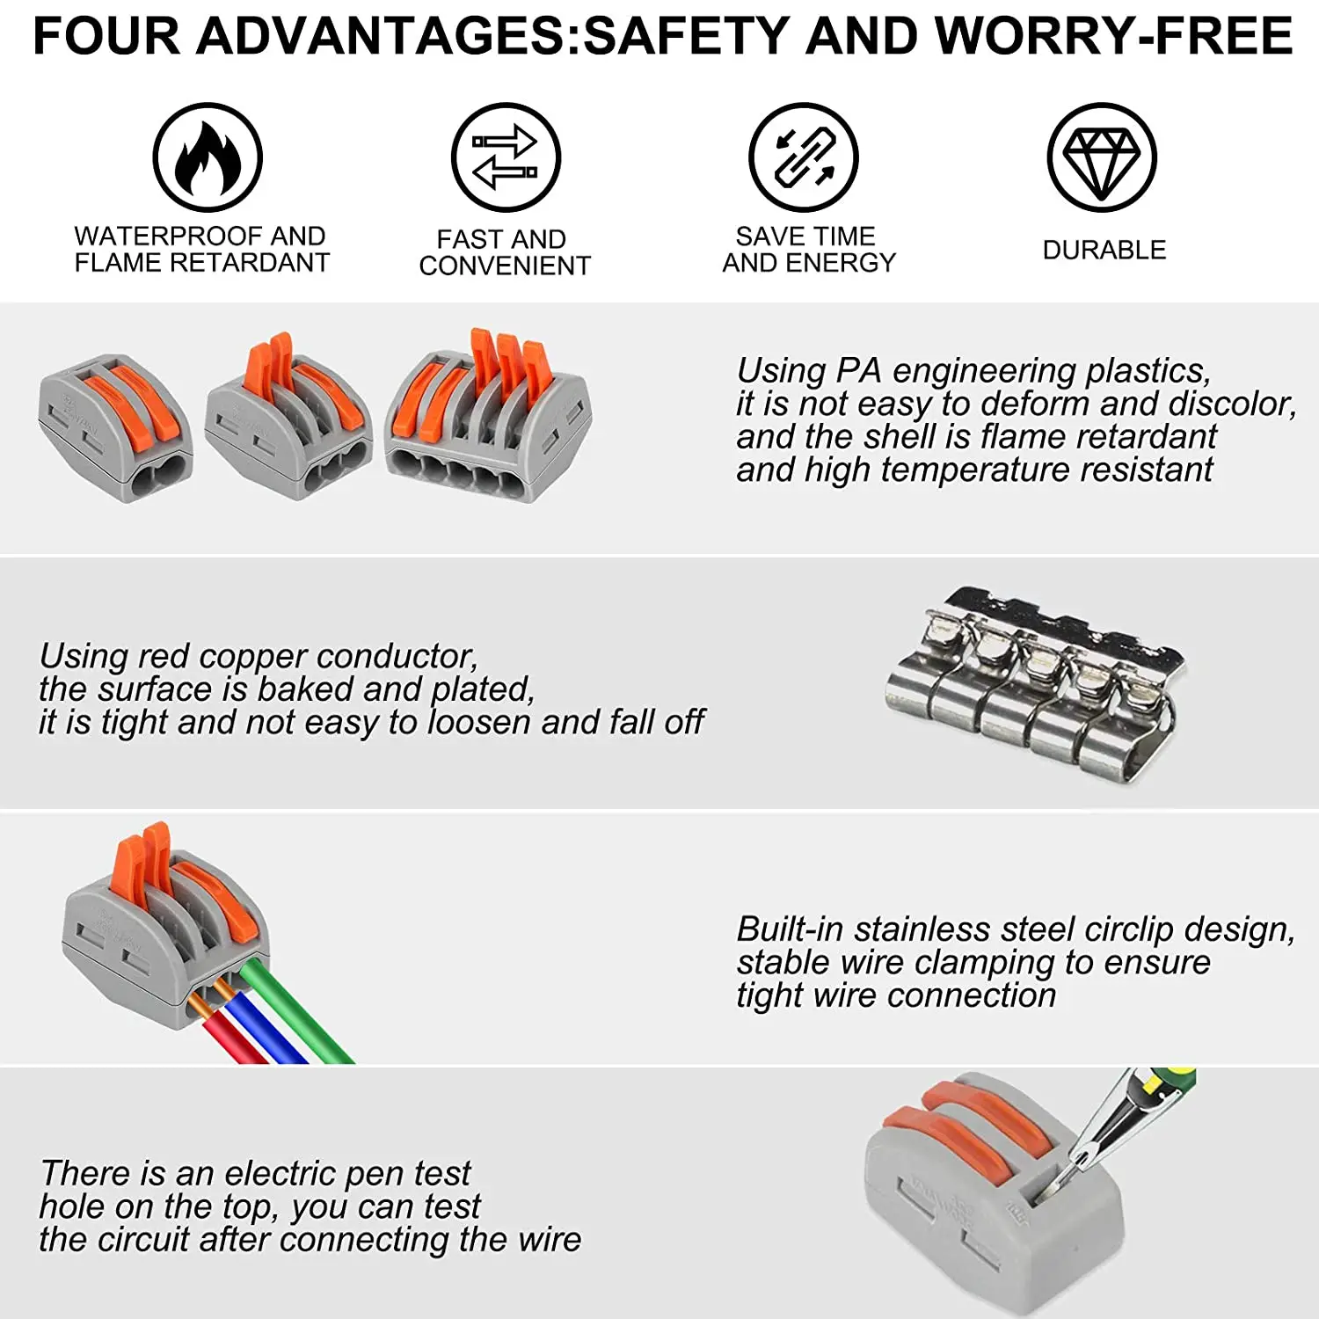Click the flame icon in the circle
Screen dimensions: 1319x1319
(208, 158)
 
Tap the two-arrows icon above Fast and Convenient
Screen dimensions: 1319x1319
(506, 158)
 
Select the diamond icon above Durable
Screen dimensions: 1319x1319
(1102, 158)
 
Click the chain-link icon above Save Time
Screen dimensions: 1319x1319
(804, 158)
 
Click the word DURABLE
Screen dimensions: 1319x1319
(1104, 251)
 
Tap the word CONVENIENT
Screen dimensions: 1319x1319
(505, 266)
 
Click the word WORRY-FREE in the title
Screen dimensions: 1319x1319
(1113, 37)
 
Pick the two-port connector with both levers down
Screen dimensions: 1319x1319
(115, 426)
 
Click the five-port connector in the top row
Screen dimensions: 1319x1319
(488, 418)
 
